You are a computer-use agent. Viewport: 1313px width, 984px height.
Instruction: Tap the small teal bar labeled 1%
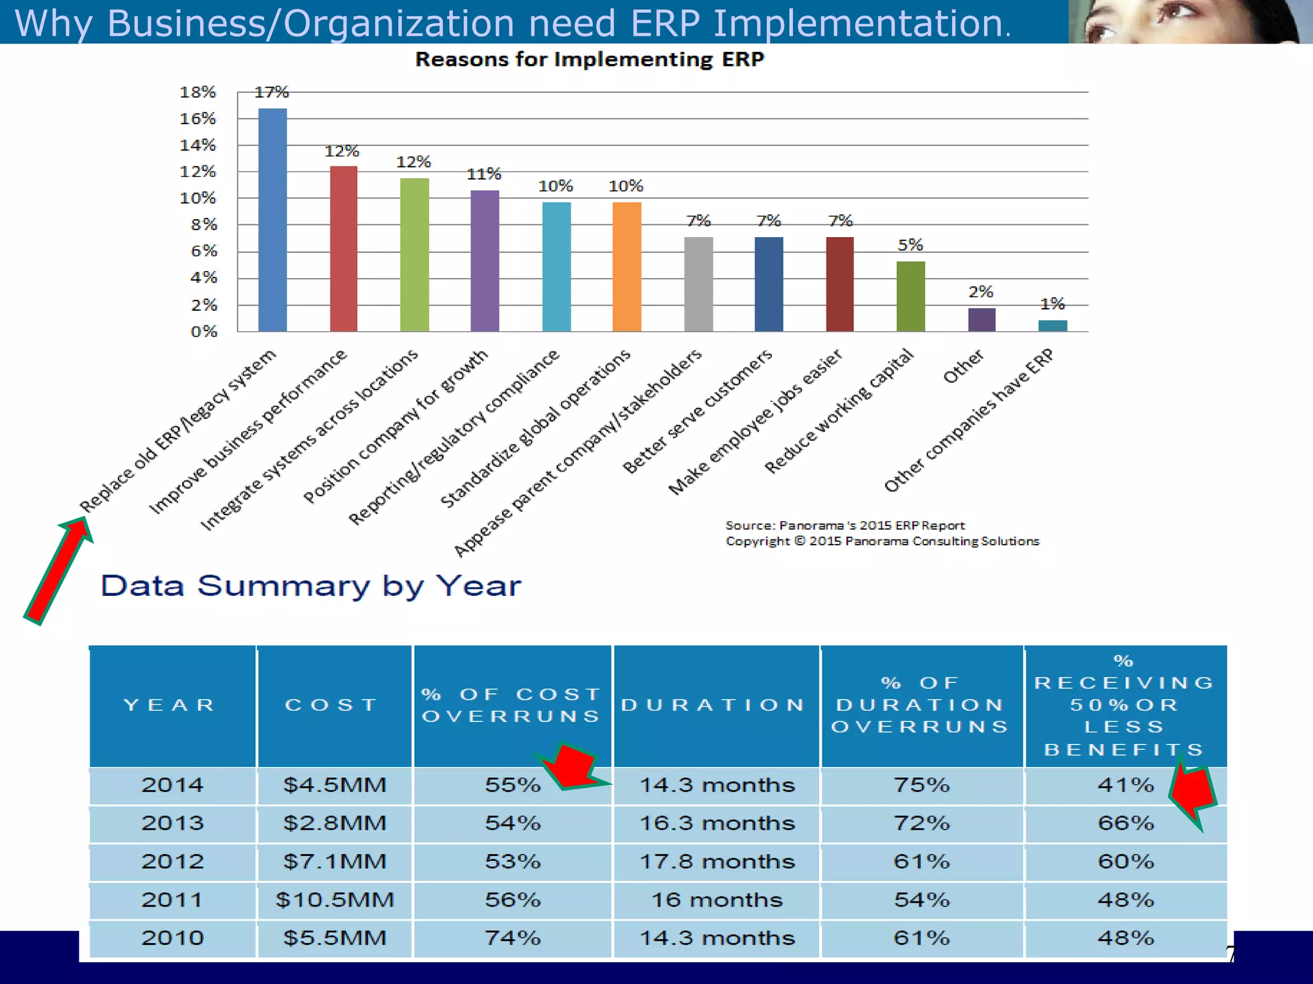click(x=1052, y=325)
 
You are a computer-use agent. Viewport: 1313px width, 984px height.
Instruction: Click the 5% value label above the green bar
click(x=910, y=245)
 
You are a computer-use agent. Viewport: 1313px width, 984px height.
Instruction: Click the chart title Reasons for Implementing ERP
click(x=589, y=60)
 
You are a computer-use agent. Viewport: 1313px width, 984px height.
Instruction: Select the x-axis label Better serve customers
click(x=698, y=413)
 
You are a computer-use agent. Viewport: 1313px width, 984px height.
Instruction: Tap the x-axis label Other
click(x=963, y=366)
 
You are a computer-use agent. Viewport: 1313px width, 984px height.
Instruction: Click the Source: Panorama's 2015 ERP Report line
click(x=844, y=525)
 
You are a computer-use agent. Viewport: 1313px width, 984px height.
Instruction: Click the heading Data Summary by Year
click(x=311, y=586)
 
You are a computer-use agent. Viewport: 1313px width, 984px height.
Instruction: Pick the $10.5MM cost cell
click(x=335, y=899)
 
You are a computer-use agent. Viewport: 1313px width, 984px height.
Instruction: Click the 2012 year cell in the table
click(x=172, y=861)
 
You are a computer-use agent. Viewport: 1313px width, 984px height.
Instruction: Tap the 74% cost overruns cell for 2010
click(x=512, y=938)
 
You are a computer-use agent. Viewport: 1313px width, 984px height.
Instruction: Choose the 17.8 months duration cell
click(x=717, y=861)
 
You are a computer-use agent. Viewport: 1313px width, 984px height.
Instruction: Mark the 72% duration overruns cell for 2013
click(x=921, y=823)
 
